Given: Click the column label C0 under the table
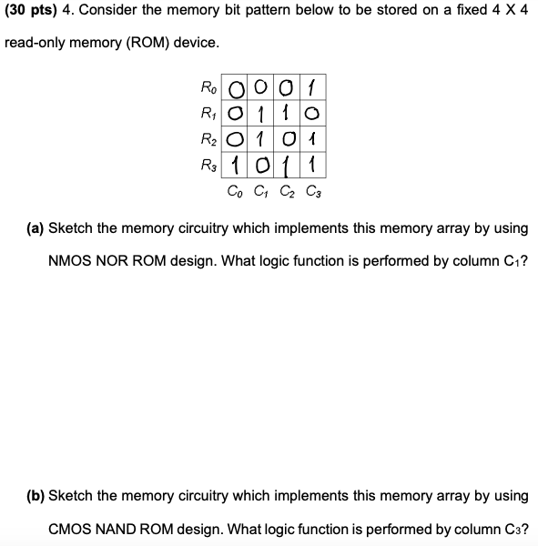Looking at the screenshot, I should click(234, 191).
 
